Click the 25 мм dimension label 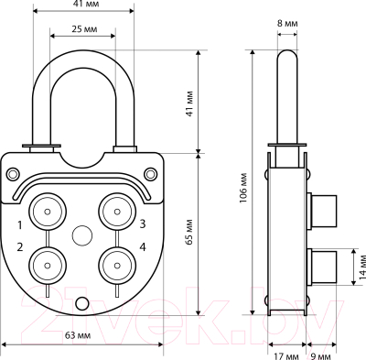coord(84,29)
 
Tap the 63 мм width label coord(78,335)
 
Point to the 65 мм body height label coord(189,233)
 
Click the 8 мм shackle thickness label coord(287,24)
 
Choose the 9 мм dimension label coord(321,356)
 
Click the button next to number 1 coord(48,212)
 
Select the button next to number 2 coord(48,266)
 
